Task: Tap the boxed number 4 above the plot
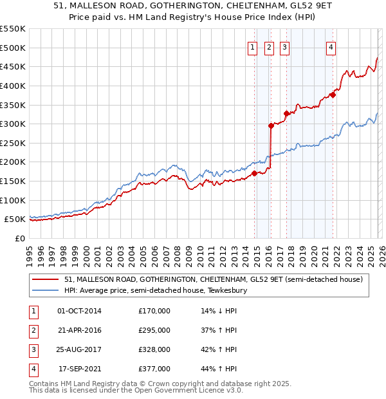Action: [331, 46]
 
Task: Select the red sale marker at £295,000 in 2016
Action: [271, 126]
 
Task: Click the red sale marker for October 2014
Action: [255, 173]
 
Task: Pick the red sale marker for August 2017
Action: [286, 113]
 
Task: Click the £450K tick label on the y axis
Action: [12, 66]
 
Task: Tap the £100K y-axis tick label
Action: [12, 200]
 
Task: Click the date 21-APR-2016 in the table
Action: [79, 330]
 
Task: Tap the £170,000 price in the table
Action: [154, 311]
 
